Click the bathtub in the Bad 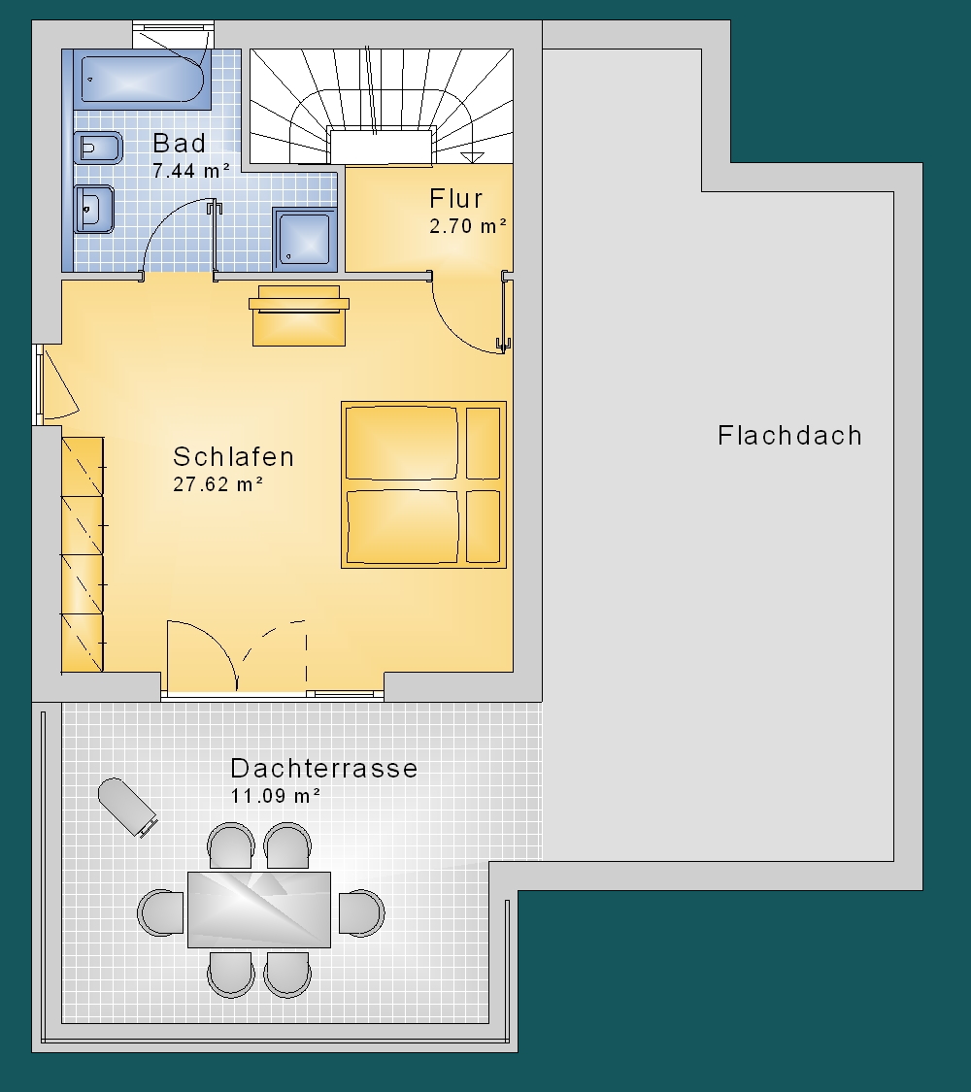142,80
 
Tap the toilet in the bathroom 98,148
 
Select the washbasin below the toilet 93,209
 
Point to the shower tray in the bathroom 304,239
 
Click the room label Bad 179,143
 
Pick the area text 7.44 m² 191,171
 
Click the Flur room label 455,198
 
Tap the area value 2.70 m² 467,225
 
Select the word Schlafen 233,457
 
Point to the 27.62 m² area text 218,484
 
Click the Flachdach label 789,435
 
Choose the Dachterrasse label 324,768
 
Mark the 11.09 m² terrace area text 275,795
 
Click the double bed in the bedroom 423,484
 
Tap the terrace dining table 259,910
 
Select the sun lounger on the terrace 127,807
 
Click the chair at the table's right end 361,912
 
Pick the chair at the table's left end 160,912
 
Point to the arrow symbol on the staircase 472,156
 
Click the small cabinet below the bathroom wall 299,315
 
